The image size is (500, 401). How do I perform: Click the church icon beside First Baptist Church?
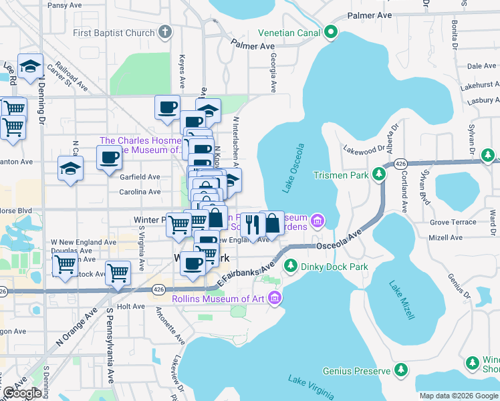click(165, 32)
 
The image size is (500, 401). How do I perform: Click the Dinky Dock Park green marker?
click(291, 267)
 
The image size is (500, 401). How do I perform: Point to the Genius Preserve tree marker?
click(400, 370)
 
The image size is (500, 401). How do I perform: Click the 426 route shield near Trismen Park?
click(400, 163)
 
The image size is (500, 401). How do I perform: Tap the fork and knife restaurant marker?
click(252, 224)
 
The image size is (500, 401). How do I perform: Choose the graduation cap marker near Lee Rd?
click(30, 67)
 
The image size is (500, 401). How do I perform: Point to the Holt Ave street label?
click(130, 306)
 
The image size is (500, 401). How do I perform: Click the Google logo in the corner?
click(21, 393)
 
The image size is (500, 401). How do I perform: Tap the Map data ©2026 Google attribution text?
click(458, 396)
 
